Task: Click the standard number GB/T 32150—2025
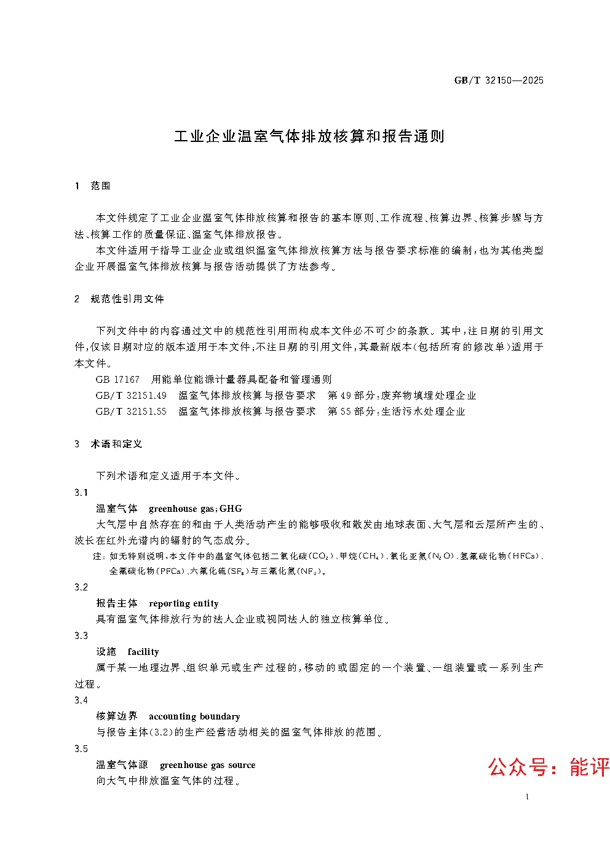click(x=499, y=80)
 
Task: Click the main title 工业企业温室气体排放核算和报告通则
click(x=309, y=136)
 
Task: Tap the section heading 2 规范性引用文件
click(x=119, y=299)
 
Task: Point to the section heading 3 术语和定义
click(x=108, y=444)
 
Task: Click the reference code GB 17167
click(x=117, y=379)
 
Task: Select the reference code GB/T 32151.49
click(x=131, y=395)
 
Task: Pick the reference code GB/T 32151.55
click(x=131, y=411)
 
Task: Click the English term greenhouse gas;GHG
click(x=196, y=509)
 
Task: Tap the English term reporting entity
click(x=184, y=603)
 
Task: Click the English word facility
click(x=143, y=652)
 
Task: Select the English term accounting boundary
click(x=194, y=716)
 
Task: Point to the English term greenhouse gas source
click(x=207, y=765)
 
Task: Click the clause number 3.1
click(x=81, y=492)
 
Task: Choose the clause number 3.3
click(x=81, y=635)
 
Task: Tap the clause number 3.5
click(x=81, y=748)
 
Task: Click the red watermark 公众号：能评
click(x=548, y=767)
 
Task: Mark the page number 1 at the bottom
click(x=528, y=797)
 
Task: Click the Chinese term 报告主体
click(x=117, y=603)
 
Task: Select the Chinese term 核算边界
click(x=117, y=716)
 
